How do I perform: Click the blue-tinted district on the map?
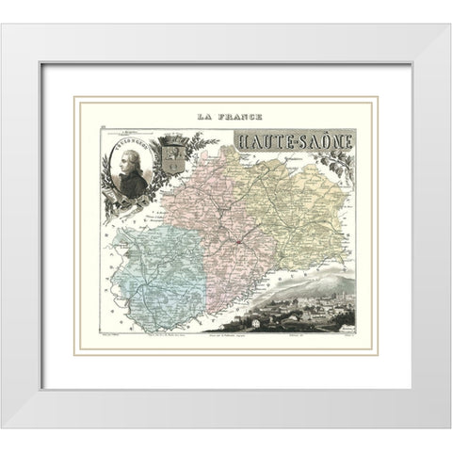155,282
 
